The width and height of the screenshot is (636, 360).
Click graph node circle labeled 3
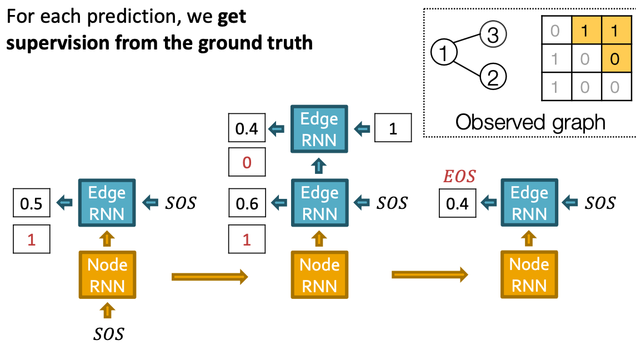493,34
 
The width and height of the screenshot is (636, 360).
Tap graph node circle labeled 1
444,53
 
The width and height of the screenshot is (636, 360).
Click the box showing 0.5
31,203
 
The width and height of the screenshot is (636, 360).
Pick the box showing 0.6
247,203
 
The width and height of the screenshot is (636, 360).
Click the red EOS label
459,177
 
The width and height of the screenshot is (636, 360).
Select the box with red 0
247,163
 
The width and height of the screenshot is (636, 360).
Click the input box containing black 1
393,128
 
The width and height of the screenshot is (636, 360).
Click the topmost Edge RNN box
319,129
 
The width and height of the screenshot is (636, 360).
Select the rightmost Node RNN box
529,274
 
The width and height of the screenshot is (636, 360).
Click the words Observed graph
530,122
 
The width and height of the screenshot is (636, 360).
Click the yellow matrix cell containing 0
614,58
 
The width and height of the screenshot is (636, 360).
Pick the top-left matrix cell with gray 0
555,30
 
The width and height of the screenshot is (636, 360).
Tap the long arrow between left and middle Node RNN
209,277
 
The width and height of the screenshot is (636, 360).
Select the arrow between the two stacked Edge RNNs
319,166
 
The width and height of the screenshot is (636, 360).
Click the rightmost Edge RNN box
529,203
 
